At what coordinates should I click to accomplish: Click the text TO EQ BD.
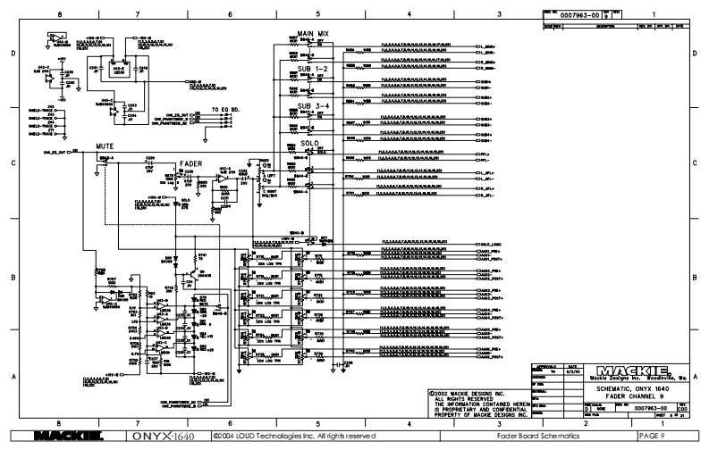pyautogui.click(x=227, y=109)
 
